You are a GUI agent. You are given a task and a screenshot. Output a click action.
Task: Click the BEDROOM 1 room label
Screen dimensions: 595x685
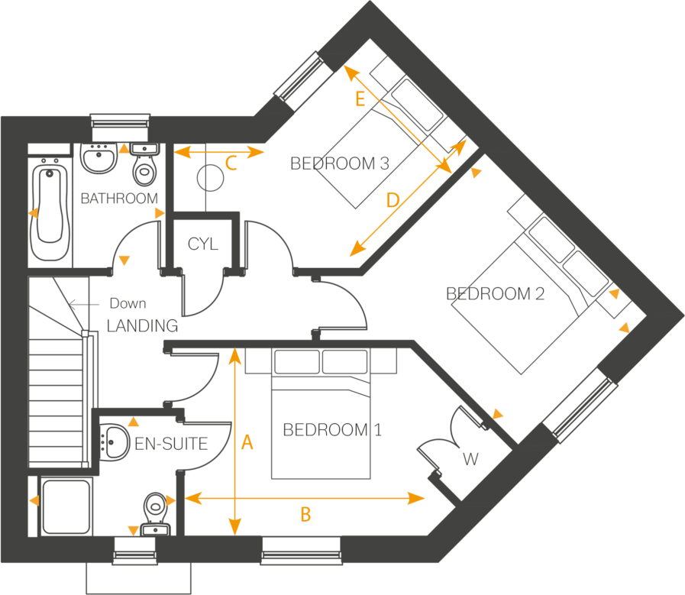tap(331, 430)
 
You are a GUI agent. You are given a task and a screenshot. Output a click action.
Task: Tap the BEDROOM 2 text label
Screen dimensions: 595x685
tap(495, 294)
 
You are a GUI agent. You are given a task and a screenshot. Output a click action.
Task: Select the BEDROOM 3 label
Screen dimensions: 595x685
tap(340, 163)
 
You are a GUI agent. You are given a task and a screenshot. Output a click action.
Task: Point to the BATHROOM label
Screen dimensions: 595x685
tap(119, 199)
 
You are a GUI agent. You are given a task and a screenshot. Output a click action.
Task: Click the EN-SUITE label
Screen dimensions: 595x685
tap(171, 444)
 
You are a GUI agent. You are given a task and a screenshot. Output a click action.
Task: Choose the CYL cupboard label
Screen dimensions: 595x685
tap(203, 245)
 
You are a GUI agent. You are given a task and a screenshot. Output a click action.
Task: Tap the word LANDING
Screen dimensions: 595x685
tap(142, 325)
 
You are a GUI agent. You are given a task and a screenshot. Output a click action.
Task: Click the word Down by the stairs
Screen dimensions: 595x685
tap(128, 303)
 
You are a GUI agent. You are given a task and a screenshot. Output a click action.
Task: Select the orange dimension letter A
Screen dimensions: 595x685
tap(246, 443)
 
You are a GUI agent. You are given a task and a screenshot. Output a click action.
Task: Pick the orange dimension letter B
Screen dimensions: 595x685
tap(305, 516)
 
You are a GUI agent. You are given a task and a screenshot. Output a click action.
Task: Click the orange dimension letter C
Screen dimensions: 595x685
tap(232, 163)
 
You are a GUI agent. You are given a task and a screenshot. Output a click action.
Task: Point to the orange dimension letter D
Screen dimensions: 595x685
tap(393, 201)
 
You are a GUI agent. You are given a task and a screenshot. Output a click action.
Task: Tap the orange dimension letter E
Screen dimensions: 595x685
tap(360, 99)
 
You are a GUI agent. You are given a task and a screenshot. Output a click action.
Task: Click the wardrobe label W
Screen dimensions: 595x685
tap(471, 460)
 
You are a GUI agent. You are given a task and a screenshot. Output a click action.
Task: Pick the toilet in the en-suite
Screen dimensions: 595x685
tap(156, 510)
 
